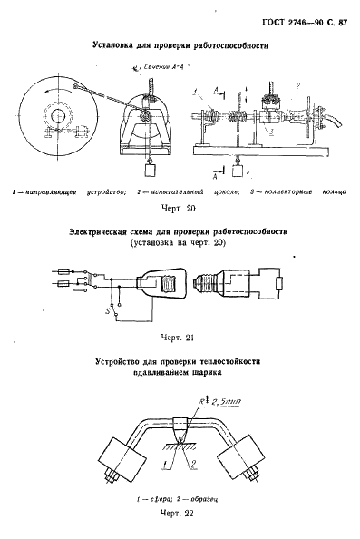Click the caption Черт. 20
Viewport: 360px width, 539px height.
(179, 208)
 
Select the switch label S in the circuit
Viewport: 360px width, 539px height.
(107, 311)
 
